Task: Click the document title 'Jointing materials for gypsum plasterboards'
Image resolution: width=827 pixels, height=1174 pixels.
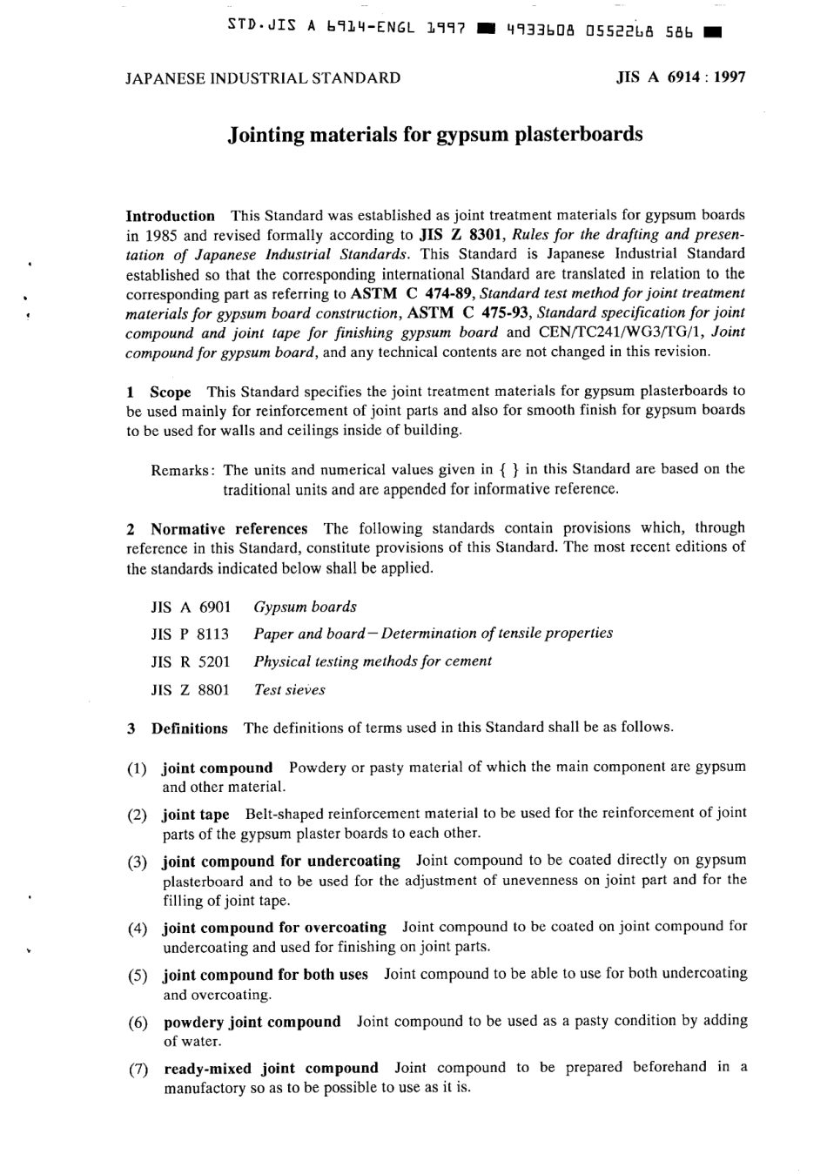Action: pyautogui.click(x=434, y=135)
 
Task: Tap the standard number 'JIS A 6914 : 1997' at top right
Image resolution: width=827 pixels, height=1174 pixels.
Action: pyautogui.click(x=680, y=77)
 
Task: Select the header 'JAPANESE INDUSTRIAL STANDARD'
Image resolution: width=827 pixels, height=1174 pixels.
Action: pyautogui.click(x=263, y=77)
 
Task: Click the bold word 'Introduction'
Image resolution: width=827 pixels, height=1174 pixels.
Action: pyautogui.click(x=170, y=216)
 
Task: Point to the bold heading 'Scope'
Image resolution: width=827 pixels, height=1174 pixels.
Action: pyautogui.click(x=170, y=392)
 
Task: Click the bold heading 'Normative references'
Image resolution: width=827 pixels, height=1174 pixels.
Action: pyautogui.click(x=228, y=528)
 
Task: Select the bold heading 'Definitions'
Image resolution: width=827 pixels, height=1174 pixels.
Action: pyautogui.click(x=189, y=728)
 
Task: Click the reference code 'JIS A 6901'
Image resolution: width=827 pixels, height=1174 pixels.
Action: pyautogui.click(x=191, y=607)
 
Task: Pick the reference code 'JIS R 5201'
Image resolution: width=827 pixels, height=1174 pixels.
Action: pyautogui.click(x=191, y=661)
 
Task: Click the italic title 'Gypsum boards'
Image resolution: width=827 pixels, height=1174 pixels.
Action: pyautogui.click(x=305, y=607)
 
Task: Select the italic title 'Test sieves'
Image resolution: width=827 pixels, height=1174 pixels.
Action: pyautogui.click(x=289, y=690)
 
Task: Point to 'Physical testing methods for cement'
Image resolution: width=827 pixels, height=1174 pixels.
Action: pyautogui.click(x=373, y=661)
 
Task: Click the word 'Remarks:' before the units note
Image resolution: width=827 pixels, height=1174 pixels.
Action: pyautogui.click(x=183, y=470)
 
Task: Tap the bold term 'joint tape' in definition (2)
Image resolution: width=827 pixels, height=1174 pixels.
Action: pyautogui.click(x=196, y=815)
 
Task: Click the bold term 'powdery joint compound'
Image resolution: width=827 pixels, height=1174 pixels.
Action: pyautogui.click(x=252, y=1022)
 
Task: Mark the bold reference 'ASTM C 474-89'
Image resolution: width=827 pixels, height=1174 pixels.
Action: pyautogui.click(x=412, y=293)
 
